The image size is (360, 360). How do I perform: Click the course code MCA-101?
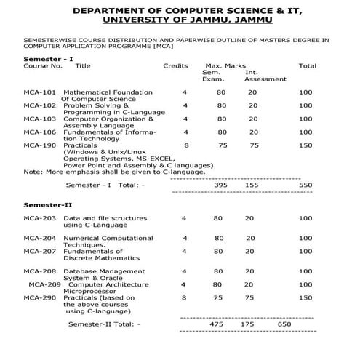(39, 92)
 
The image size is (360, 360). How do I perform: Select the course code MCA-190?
(39, 145)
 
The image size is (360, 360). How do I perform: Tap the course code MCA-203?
(39, 218)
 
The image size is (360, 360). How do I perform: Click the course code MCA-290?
(39, 297)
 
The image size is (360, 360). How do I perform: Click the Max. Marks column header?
(225, 65)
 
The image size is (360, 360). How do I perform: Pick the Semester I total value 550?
(305, 185)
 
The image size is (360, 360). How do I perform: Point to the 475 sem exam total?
(216, 324)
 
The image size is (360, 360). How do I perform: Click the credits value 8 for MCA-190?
(186, 145)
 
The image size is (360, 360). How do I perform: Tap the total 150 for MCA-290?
(305, 297)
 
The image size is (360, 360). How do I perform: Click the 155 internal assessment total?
(252, 185)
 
